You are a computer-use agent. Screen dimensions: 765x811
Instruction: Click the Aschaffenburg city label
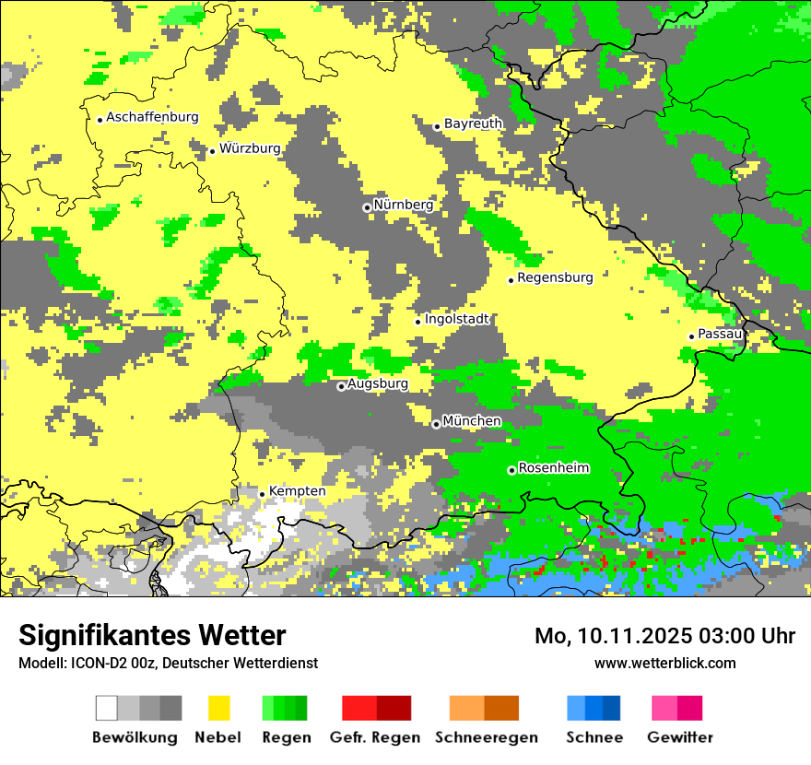click(x=152, y=117)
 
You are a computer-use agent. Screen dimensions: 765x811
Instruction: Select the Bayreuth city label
click(x=473, y=124)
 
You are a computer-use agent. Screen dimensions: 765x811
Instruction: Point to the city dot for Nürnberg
click(x=367, y=207)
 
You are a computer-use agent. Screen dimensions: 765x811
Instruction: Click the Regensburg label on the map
click(x=555, y=277)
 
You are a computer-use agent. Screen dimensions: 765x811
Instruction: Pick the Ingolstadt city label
click(x=457, y=320)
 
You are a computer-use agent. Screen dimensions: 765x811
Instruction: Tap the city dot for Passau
click(x=691, y=336)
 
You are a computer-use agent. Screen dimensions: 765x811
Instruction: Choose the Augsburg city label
click(x=377, y=383)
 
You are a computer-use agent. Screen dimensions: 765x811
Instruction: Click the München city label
click(x=472, y=421)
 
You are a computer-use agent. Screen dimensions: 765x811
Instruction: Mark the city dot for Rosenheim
click(x=511, y=470)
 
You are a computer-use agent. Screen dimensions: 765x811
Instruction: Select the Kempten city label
click(x=297, y=491)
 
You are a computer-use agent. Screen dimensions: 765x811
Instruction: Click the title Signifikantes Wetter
click(x=152, y=636)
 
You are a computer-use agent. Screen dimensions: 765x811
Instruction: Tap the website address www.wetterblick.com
click(x=664, y=663)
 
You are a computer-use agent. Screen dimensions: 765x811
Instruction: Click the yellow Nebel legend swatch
click(x=219, y=708)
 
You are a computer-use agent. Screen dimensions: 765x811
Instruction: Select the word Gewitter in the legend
click(x=679, y=737)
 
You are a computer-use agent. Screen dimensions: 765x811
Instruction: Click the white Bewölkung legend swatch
click(x=107, y=708)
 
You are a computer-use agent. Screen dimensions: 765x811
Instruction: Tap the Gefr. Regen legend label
click(x=374, y=737)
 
